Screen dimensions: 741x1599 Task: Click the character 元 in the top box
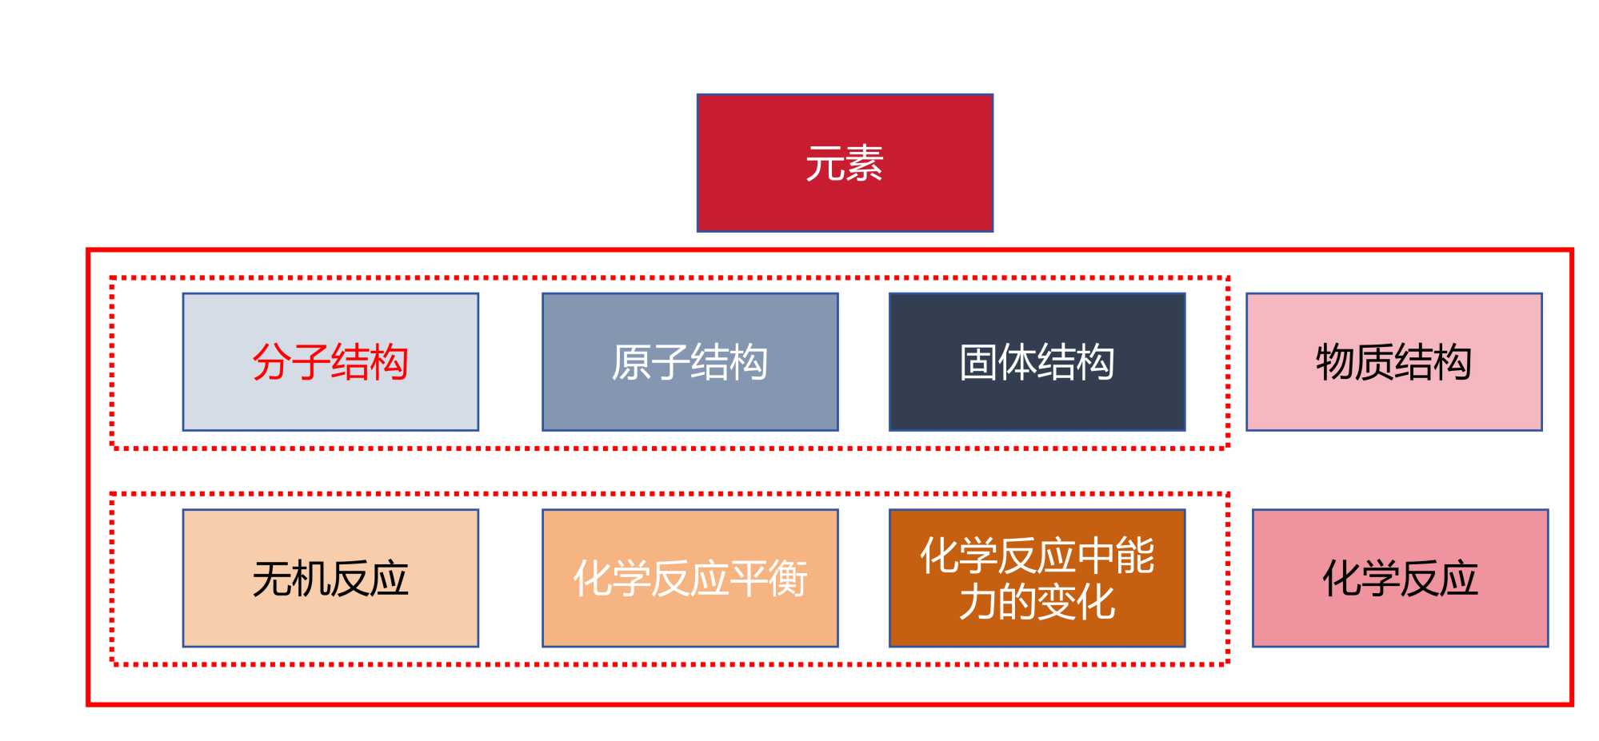point(825,164)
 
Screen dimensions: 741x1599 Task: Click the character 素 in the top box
point(865,164)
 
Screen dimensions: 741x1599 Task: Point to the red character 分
point(272,362)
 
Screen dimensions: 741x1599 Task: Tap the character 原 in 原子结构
point(631,362)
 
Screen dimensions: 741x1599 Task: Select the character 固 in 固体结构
point(978,362)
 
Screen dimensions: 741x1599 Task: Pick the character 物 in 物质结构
point(1335,362)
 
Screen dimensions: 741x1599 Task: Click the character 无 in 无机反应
point(272,579)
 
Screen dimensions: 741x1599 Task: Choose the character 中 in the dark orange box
point(1096,556)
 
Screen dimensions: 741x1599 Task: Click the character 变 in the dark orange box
point(1057,602)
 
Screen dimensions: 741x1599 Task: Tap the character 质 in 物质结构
point(1374,362)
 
